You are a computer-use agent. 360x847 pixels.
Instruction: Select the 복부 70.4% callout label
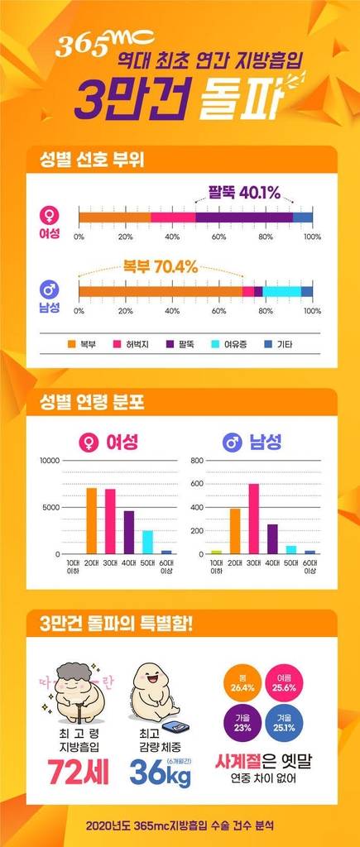(161, 266)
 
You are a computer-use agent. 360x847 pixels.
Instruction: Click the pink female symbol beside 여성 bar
(50, 213)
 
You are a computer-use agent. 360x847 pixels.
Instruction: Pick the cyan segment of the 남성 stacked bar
(282, 290)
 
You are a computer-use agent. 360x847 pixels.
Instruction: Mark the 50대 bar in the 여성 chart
(147, 542)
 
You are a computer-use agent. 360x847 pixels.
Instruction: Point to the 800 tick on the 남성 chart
(197, 460)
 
